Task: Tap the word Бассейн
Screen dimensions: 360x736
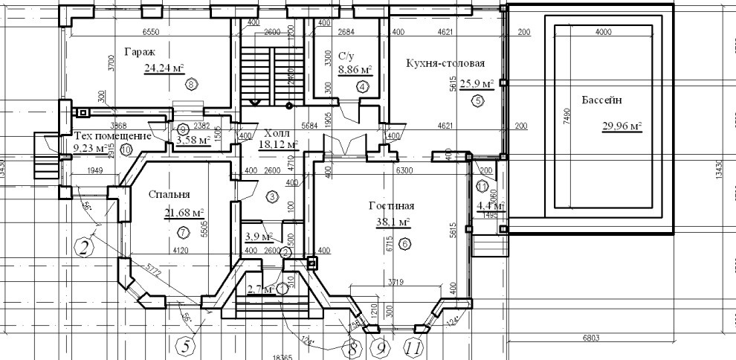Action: click(592, 100)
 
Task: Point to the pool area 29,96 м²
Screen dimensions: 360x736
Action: click(622, 126)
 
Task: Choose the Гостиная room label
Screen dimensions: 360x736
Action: click(390, 206)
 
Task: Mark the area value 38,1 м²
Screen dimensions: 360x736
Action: click(393, 222)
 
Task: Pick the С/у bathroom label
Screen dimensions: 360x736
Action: click(345, 56)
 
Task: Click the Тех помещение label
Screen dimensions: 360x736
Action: click(113, 137)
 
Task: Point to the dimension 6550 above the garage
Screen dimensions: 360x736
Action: click(152, 33)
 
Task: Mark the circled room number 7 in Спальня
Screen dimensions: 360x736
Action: click(183, 232)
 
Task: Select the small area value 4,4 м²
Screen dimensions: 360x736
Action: click(491, 205)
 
